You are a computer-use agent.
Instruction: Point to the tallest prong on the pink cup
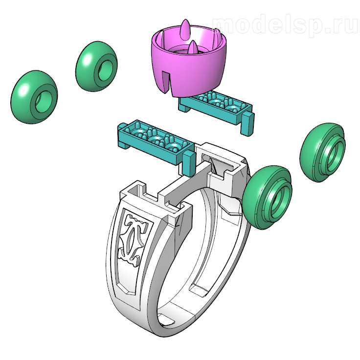[185, 29]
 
